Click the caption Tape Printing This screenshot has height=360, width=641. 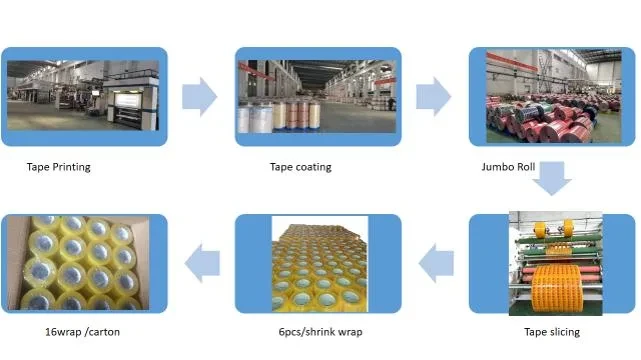click(x=58, y=167)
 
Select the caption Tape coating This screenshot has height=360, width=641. click(x=300, y=167)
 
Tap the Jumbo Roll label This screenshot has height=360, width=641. click(x=508, y=167)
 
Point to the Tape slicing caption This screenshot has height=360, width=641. click(x=552, y=332)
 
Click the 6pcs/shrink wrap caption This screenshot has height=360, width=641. click(x=320, y=332)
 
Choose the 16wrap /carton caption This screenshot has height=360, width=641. click(x=82, y=332)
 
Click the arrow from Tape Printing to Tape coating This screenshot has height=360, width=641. click(x=199, y=97)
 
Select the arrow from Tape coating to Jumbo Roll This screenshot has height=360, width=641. click(x=433, y=97)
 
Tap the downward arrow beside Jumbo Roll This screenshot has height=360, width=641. click(x=552, y=178)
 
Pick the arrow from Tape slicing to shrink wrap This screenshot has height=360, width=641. click(x=436, y=264)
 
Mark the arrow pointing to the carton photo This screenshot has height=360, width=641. click(x=202, y=264)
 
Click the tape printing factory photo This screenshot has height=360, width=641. click(x=83, y=96)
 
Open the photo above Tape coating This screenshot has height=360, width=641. click(x=317, y=96)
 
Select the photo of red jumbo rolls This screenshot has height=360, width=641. click(x=554, y=96)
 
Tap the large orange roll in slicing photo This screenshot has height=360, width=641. click(x=557, y=288)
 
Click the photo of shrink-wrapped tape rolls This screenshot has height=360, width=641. click(x=320, y=264)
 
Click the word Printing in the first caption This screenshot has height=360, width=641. click(x=71, y=167)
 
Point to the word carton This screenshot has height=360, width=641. click(x=103, y=332)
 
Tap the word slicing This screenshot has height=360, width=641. click(x=564, y=332)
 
